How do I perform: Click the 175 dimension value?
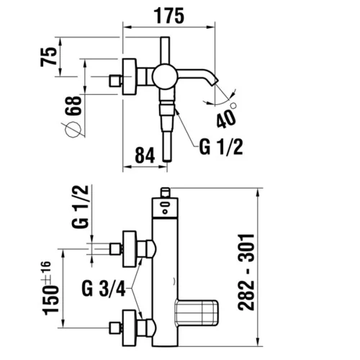tap(168, 16)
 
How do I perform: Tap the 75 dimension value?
tap(49, 57)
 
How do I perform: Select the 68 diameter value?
tap(73, 106)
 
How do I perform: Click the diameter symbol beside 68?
tap(73, 130)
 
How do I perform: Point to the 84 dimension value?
tap(145, 156)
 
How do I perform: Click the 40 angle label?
tap(226, 118)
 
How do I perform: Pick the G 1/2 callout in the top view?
tap(221, 147)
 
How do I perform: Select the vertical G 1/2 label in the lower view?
tap(80, 207)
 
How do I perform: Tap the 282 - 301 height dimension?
tap(246, 272)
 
